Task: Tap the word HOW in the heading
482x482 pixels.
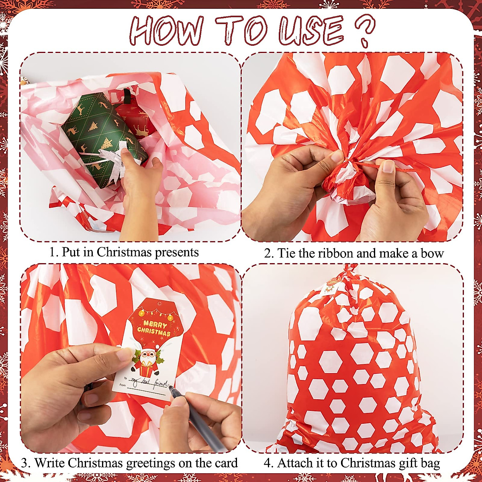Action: (167, 31)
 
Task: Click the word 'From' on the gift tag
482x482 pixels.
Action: (122, 385)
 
